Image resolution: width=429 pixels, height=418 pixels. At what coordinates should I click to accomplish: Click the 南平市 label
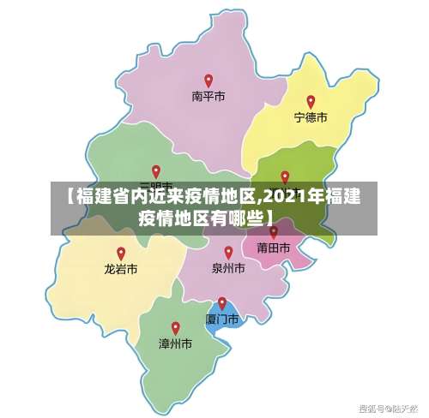pyautogui.click(x=208, y=98)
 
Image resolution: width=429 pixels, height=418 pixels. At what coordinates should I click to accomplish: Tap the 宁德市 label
pyautogui.click(x=311, y=118)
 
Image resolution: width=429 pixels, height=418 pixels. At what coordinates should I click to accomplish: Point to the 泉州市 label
pyautogui.click(x=228, y=269)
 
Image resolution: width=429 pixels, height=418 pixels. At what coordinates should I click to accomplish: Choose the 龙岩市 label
pyautogui.click(x=121, y=269)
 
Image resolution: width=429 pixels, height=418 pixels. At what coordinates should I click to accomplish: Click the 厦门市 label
pyautogui.click(x=221, y=319)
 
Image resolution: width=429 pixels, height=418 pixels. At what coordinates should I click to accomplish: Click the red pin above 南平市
pyautogui.click(x=208, y=81)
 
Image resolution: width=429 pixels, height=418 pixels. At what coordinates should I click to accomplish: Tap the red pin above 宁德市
pyautogui.click(x=311, y=101)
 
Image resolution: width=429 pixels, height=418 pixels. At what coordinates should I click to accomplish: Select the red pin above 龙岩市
pyautogui.click(x=121, y=253)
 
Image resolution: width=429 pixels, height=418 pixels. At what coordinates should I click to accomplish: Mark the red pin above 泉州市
pyautogui.click(x=228, y=252)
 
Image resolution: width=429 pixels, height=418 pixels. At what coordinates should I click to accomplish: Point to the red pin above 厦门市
pyautogui.click(x=222, y=302)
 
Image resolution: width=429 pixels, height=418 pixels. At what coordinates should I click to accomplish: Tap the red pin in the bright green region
pyautogui.click(x=285, y=176)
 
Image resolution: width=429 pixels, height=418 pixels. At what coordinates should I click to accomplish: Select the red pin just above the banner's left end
pyautogui.click(x=155, y=171)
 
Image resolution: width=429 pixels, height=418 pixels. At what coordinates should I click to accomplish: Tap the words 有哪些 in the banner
pyautogui.click(x=233, y=218)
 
